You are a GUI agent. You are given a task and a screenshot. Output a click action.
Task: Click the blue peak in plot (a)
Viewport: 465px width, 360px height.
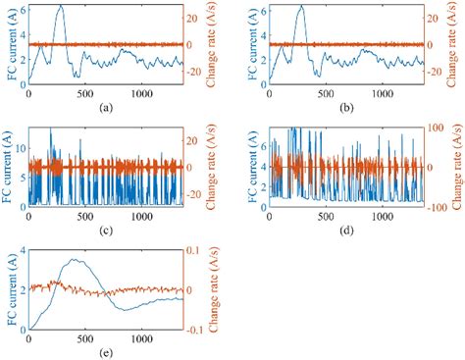pyautogui.click(x=61, y=6)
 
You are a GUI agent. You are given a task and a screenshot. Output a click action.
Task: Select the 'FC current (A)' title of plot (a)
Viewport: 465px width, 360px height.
pyautogui.click(x=8, y=45)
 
